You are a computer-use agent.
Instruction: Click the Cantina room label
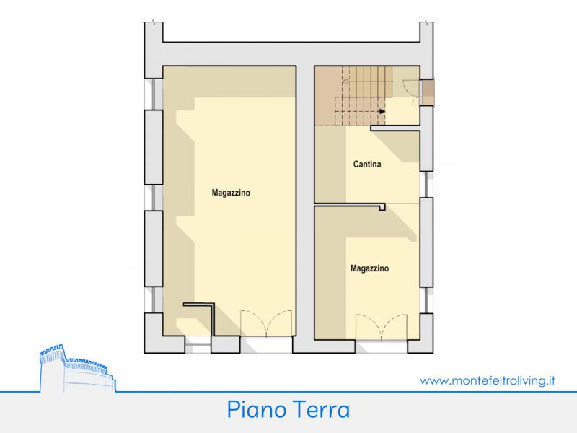point(367,165)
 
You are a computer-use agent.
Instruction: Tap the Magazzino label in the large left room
point(231,193)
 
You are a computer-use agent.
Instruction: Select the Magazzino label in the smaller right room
point(369,268)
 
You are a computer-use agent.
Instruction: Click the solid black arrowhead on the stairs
point(382,111)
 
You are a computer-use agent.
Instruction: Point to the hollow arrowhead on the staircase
point(345,82)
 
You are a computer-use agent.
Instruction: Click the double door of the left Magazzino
point(266,323)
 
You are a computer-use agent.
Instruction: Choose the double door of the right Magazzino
point(382,327)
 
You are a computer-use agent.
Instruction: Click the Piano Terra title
point(288,409)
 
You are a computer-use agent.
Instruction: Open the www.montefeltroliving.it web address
point(488,380)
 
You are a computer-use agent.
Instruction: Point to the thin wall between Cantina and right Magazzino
point(350,205)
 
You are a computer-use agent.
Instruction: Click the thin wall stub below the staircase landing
point(395,128)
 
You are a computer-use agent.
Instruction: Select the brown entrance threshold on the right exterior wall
point(428,92)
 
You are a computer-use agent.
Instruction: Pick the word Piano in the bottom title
point(256,409)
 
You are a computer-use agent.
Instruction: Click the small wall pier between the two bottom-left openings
point(226,345)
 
